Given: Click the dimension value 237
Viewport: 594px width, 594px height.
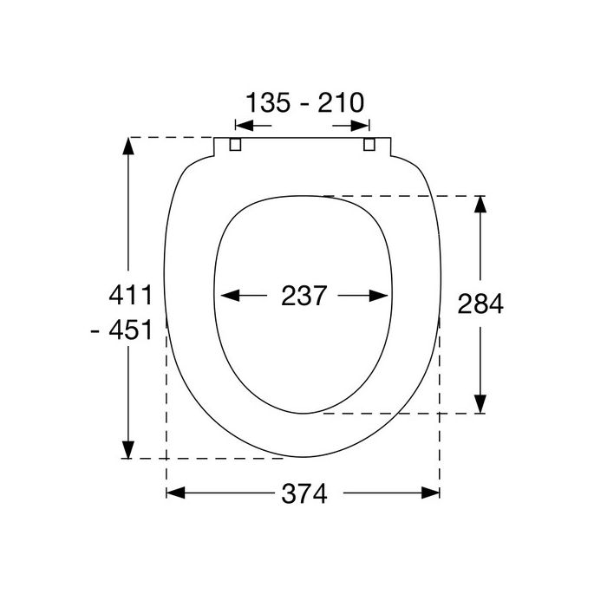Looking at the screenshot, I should coord(304,296).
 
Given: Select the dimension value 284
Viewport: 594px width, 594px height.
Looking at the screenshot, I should coord(480,304).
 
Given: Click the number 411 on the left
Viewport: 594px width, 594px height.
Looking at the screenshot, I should coord(130,295).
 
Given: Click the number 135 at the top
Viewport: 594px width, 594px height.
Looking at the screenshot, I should coord(270,104).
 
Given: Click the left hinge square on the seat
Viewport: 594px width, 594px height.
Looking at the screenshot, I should coord(233,145).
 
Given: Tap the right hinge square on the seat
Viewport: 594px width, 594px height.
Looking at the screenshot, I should coord(370,145).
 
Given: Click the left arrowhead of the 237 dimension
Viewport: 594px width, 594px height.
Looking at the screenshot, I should coord(227,296).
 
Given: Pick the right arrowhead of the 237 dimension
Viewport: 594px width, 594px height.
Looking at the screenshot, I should coord(381,296).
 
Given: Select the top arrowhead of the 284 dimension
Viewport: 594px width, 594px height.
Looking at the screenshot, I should coord(480,205).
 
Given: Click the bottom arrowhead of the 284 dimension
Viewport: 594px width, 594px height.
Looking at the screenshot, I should coord(480,404).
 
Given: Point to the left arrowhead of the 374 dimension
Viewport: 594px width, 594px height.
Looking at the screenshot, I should coord(174,493).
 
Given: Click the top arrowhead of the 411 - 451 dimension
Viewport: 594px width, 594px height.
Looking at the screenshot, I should coord(128,147).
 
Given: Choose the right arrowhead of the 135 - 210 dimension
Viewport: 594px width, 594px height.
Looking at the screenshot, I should coord(364,127).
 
